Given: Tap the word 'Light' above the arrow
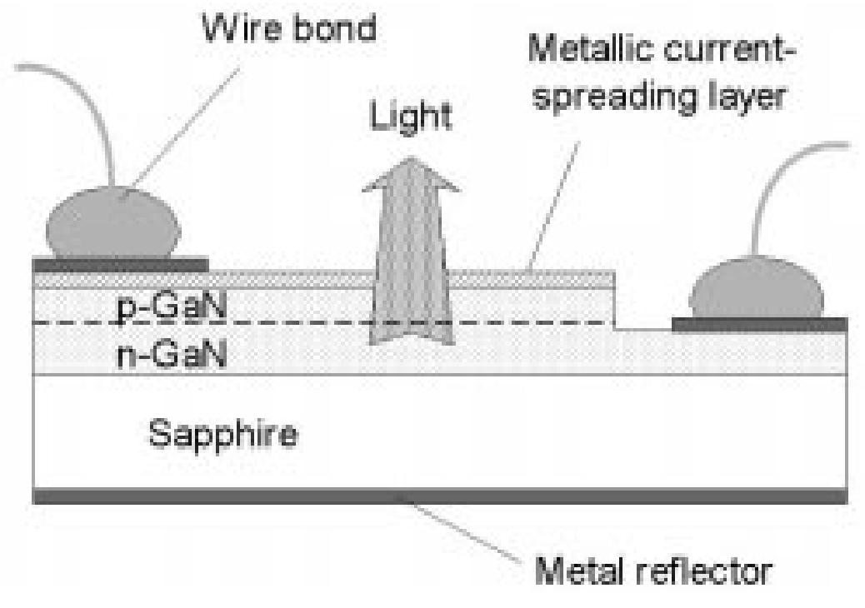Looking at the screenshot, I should [411, 117].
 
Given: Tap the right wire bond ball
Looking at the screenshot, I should [757, 291].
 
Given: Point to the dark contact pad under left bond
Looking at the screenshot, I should [120, 265].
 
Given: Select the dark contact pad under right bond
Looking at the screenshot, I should [759, 324].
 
